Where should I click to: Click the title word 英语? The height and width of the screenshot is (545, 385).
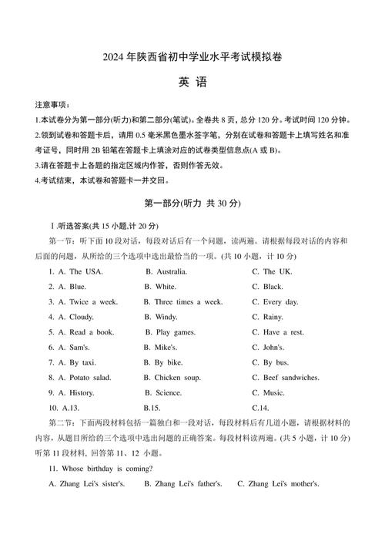coord(192,83)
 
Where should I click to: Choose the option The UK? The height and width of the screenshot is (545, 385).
coord(278,271)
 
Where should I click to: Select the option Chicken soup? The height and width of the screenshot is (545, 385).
coord(177,378)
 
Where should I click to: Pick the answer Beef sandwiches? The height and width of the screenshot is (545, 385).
coord(291,378)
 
